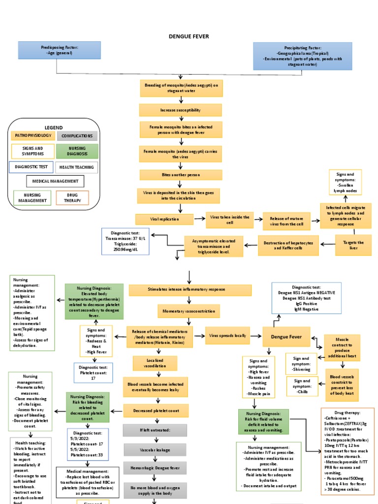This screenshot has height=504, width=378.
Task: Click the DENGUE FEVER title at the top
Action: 189,36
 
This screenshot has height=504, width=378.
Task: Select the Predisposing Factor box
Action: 60,50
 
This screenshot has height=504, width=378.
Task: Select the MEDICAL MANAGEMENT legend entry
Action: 55,181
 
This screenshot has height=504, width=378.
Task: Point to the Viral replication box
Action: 164,219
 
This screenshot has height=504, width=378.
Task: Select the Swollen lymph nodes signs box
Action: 345,183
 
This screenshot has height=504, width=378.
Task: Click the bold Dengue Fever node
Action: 289,337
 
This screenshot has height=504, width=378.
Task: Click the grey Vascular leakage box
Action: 155,449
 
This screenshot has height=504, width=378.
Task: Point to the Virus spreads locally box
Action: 225,336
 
